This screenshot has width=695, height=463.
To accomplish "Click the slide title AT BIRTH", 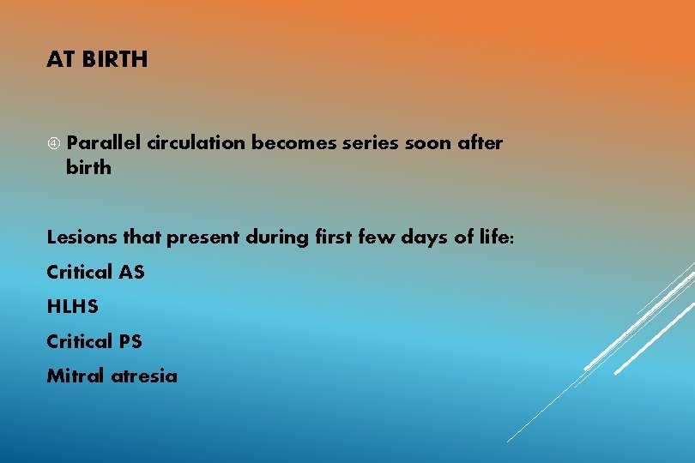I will point(97,60).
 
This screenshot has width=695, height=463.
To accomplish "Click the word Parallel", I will point(104,143).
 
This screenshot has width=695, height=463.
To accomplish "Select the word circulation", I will point(196,143).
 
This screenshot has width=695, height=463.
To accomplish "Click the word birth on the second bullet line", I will point(88,167).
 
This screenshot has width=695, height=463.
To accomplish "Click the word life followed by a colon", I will point(497,238).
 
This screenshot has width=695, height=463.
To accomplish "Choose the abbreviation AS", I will point(131,273).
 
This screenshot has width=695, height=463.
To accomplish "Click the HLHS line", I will point(73,307).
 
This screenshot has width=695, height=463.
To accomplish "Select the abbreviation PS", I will point(130,341).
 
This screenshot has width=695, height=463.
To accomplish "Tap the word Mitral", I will point(76,376).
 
